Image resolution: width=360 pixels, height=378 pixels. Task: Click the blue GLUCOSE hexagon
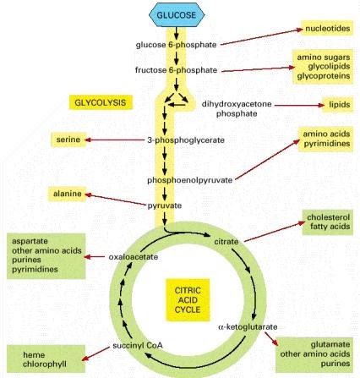(176, 15)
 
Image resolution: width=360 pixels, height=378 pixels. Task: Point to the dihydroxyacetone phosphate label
(237, 107)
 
